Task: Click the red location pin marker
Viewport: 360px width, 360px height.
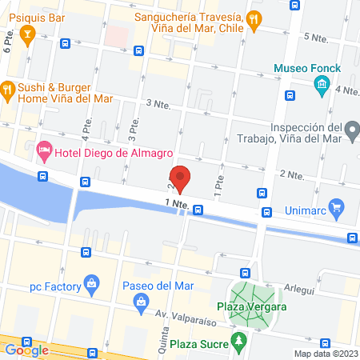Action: point(180,178)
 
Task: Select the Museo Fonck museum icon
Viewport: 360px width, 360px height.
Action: point(322,84)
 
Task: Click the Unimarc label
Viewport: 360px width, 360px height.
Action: point(306,211)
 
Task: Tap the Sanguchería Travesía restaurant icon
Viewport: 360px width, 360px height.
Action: point(253,17)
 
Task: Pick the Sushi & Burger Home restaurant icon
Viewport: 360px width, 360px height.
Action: point(7,89)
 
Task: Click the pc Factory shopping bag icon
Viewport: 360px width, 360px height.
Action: point(92,283)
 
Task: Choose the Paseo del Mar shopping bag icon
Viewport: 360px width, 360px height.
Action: point(142,301)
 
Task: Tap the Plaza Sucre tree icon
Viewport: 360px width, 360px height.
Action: point(238,342)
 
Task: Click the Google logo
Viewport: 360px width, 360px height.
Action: point(26,350)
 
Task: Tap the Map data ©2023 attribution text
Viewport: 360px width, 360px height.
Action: point(326,354)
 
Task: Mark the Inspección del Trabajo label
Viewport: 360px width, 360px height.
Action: point(306,133)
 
